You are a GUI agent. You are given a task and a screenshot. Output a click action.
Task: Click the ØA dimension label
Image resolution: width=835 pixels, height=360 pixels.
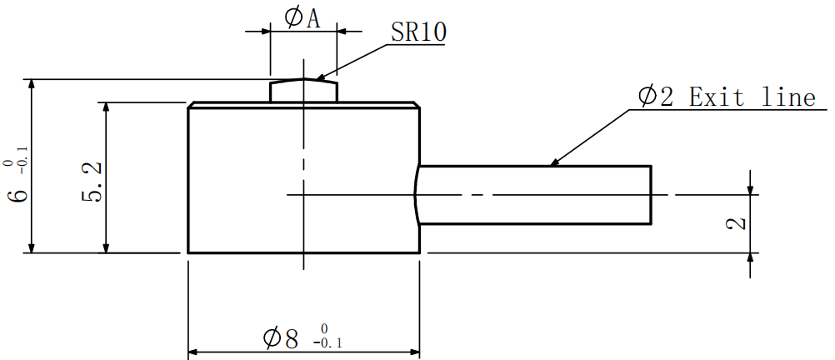302,18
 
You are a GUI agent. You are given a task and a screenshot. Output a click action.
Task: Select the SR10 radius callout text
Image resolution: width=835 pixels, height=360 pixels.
418,32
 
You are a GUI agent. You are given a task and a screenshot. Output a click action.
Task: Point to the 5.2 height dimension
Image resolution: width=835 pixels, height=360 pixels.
92,182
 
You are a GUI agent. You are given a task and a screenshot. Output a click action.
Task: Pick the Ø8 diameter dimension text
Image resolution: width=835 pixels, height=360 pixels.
280,338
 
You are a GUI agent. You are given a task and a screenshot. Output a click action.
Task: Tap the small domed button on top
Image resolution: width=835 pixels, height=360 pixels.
303,90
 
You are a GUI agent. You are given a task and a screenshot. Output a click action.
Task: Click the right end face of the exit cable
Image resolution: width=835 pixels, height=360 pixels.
650,195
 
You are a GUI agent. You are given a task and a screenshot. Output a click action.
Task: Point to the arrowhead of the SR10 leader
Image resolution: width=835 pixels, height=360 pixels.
320,78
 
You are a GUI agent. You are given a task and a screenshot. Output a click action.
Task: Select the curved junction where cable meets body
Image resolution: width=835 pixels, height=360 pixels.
416,195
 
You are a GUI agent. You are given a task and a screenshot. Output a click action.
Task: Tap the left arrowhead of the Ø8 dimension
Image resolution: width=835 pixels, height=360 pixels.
194,352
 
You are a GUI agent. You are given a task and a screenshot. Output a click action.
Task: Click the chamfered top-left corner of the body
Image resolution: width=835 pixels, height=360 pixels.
191,106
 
